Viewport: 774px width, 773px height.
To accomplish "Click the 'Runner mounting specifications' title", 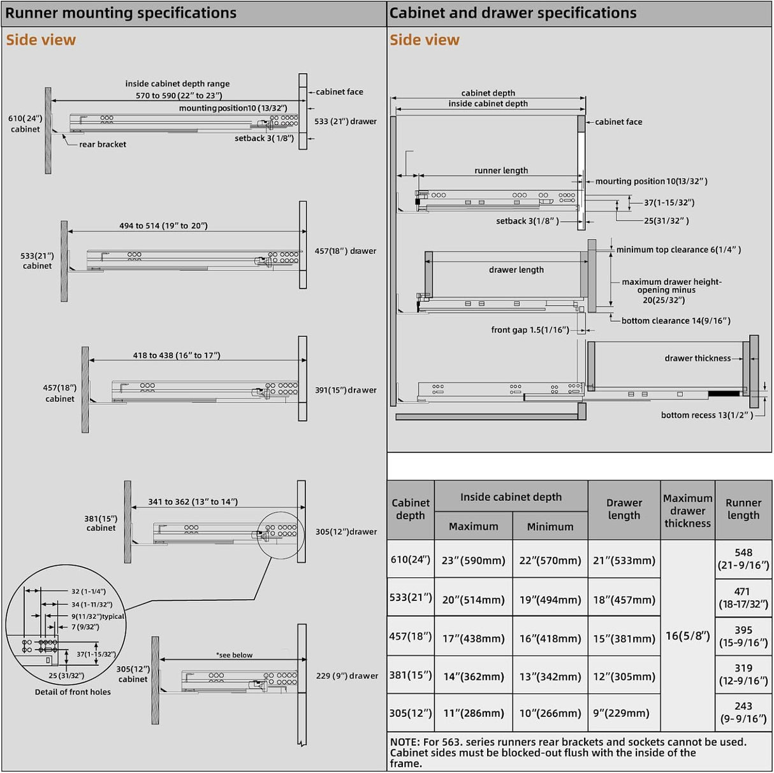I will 121,13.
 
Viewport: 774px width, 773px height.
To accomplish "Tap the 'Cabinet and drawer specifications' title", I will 513,13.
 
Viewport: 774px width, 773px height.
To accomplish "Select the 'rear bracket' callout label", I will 103,145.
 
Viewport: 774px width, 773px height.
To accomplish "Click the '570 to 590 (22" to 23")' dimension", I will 179,96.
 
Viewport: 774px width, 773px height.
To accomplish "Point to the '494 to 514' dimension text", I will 163,226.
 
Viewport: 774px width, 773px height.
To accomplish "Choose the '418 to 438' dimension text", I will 177,356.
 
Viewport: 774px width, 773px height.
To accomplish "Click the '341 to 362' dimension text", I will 193,502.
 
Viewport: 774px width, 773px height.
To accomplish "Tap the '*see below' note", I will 234,655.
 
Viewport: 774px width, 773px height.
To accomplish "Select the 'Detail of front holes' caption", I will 73,692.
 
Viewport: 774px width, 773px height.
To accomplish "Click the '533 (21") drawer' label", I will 346,122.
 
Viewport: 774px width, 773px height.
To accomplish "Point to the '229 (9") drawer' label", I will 347,676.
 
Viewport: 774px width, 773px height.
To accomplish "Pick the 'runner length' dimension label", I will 501,171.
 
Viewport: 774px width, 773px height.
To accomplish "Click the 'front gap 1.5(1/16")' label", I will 530,330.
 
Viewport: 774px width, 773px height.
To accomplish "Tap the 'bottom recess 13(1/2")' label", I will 706,415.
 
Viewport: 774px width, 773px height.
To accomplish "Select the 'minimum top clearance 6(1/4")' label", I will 678,250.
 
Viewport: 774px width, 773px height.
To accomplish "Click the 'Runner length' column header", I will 743,509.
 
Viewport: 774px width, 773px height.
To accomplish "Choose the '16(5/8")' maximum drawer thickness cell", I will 687,636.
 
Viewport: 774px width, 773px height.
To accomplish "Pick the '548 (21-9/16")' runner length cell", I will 743,559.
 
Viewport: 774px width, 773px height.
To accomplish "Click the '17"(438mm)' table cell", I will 473,639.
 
